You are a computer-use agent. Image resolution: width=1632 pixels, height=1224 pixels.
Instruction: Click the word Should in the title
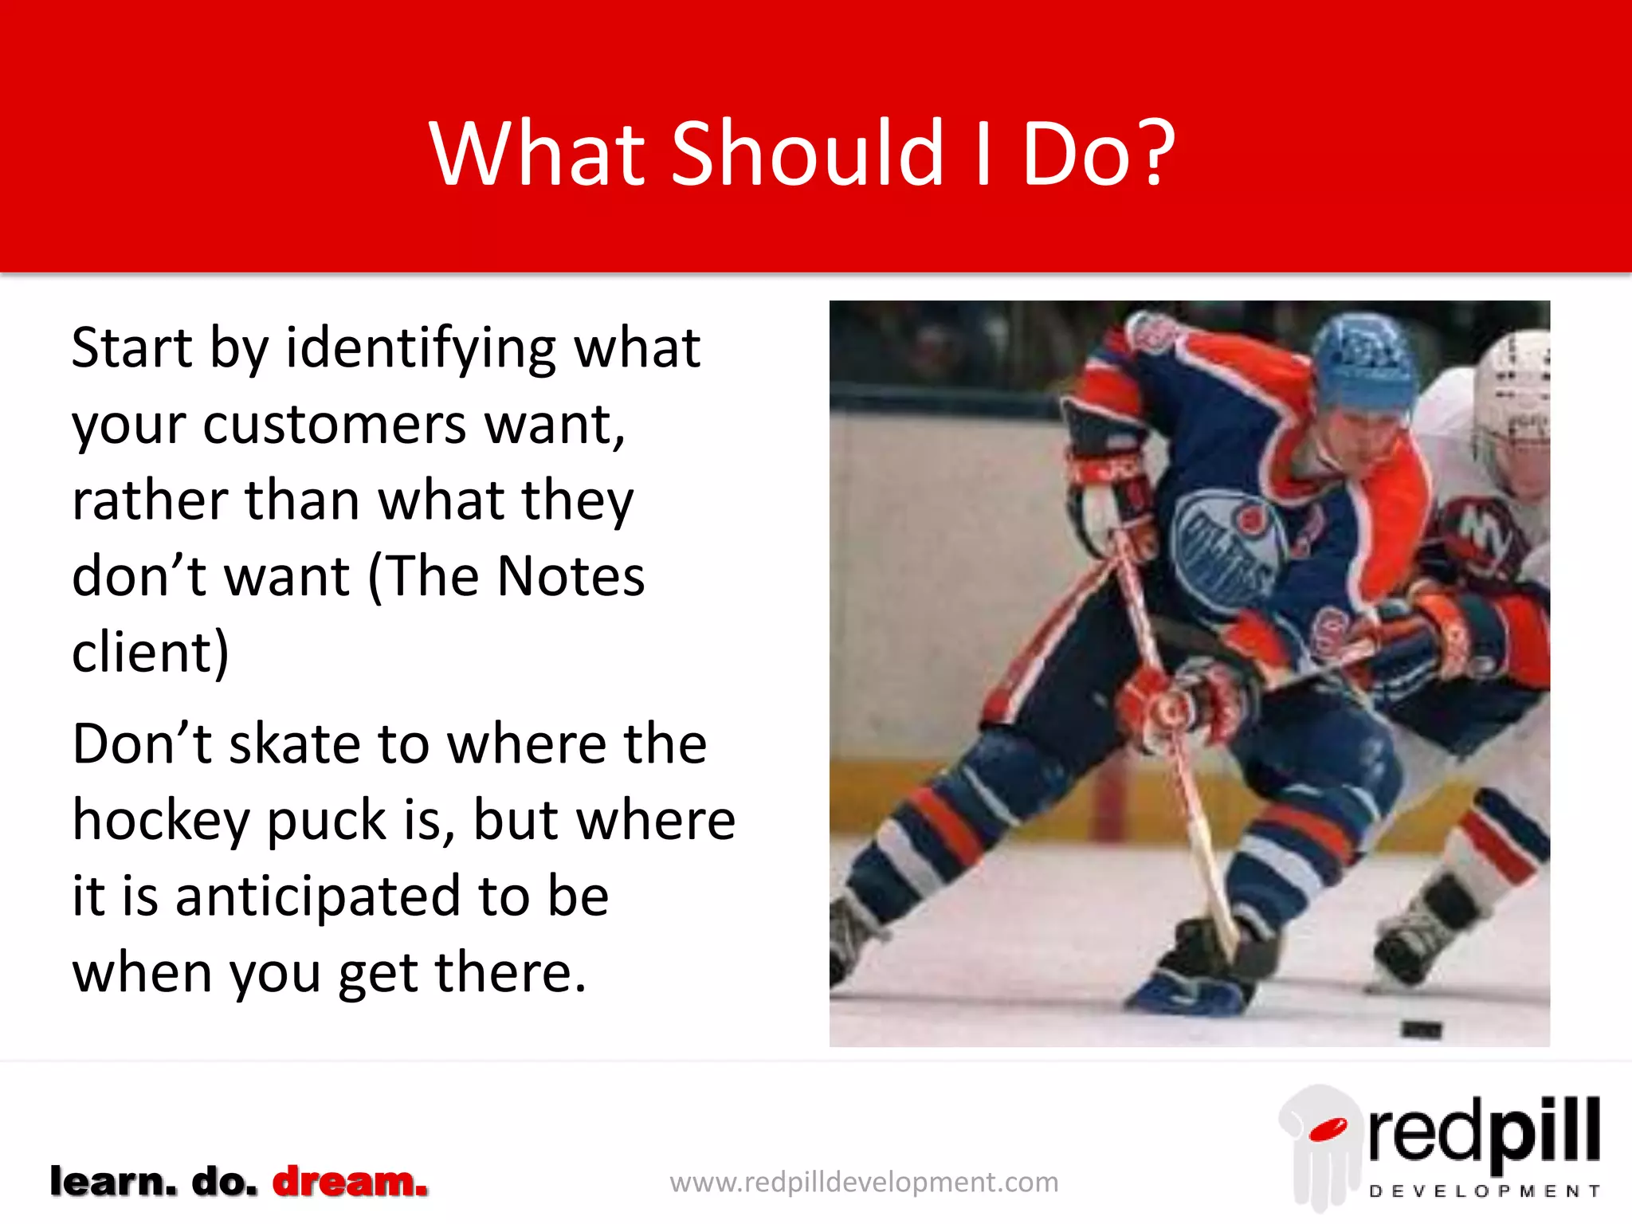point(807,153)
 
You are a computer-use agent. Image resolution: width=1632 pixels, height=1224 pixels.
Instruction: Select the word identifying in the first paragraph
point(421,349)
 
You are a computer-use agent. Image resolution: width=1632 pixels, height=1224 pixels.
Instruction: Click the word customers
point(335,425)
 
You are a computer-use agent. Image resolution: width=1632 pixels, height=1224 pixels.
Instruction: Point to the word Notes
point(571,576)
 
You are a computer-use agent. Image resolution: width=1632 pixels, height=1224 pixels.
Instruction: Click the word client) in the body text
point(151,653)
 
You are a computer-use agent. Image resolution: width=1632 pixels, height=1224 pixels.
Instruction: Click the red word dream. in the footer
point(350,1181)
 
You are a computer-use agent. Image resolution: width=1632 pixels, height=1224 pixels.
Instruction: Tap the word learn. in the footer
point(112,1181)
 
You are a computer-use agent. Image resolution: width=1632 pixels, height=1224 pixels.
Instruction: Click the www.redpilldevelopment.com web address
point(864,1182)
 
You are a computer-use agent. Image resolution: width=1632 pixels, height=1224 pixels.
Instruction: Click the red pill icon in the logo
point(1328,1129)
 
